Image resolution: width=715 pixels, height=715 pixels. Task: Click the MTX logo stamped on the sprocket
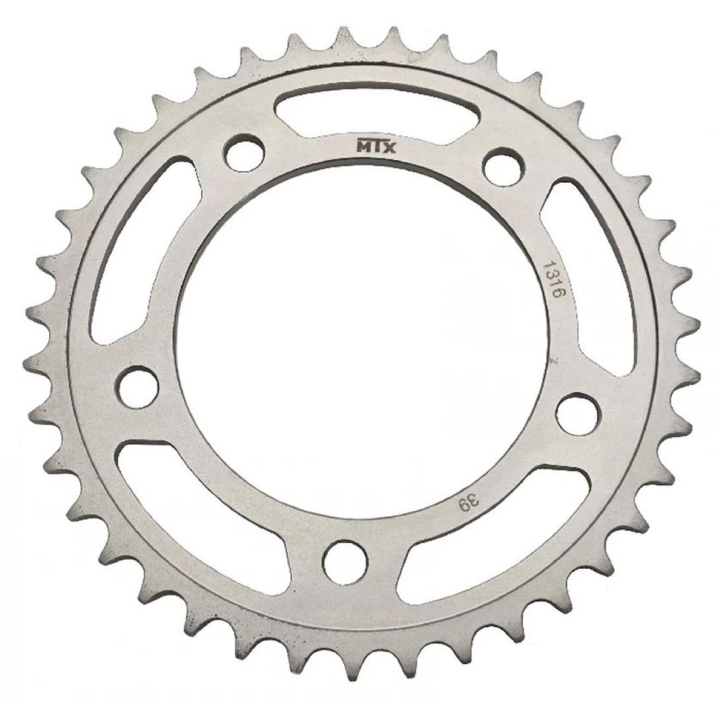[x=376, y=146]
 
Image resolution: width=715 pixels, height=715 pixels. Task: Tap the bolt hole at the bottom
[x=345, y=562]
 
